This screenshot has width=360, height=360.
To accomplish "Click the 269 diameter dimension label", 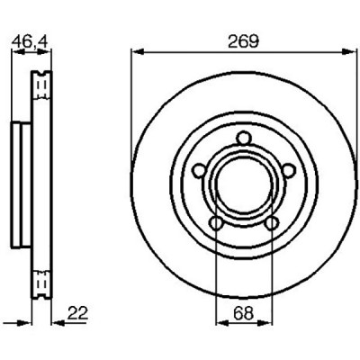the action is [243, 41].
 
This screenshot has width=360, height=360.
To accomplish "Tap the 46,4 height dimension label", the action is [30, 41].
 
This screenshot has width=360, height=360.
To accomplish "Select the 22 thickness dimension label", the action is [77, 313].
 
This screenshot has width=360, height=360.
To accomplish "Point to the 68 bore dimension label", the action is [244, 313].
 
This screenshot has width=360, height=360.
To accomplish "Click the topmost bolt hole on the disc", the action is [243, 139].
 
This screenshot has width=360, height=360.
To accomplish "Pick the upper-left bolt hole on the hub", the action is [199, 171].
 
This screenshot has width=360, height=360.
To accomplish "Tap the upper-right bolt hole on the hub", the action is [288, 171].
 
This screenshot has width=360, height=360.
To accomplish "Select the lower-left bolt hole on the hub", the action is [216, 223].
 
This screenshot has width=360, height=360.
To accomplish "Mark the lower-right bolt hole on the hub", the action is [272, 223].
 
